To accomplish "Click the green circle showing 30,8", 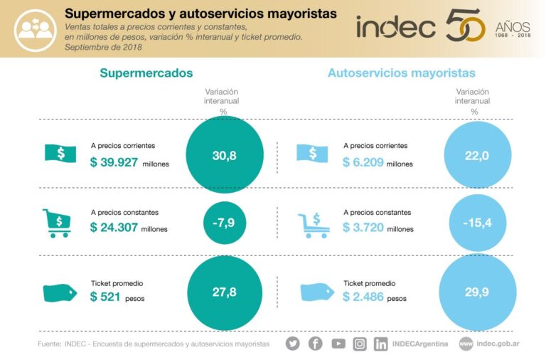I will coord(224,155).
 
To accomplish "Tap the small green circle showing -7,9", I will coord(224,223).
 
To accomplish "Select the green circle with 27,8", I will coord(224,292).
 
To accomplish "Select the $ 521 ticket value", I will coord(105,297).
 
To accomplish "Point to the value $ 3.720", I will coord(365,228).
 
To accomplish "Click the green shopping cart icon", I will coord(57,222).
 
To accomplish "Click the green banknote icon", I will coord(60,153).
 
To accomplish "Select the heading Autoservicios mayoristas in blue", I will coord(401,73).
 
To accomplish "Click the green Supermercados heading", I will coord(146,73).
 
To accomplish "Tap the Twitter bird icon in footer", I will coord(293,344).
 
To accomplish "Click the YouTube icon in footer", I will coord(338,344).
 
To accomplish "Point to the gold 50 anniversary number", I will coord(466,27).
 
